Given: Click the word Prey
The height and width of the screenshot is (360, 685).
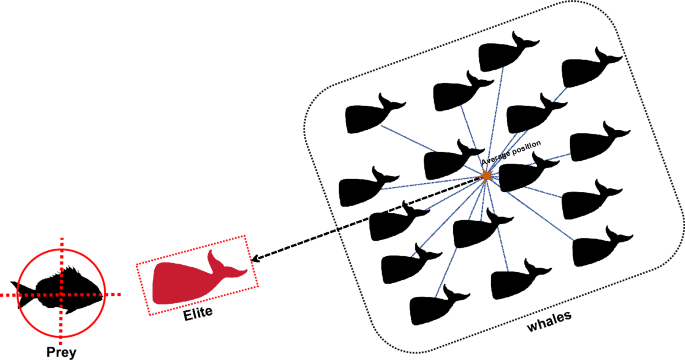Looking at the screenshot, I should [x=62, y=351].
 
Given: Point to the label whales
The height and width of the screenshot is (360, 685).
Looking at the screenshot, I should [x=551, y=325].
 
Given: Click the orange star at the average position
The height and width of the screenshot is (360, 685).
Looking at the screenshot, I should [x=486, y=176].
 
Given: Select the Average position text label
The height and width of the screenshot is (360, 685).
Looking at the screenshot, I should [x=511, y=153].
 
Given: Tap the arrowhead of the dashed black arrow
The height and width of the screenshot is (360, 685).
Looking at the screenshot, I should [x=253, y=259].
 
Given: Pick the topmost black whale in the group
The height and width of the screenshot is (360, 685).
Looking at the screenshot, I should [x=508, y=54].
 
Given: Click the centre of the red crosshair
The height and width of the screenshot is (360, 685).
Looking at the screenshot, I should [x=61, y=294].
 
